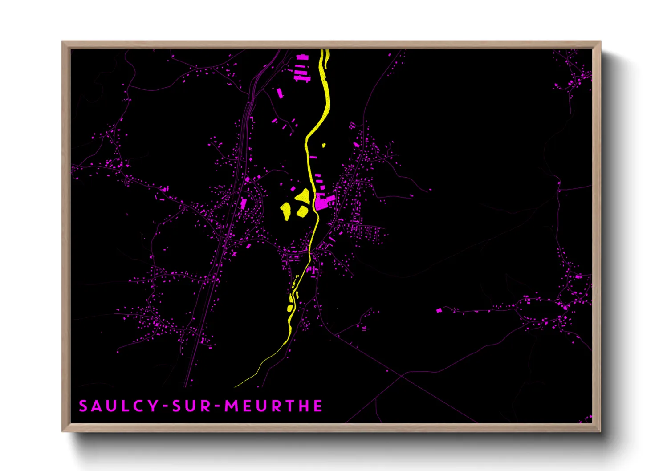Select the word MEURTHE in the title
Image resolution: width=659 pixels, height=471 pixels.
273,406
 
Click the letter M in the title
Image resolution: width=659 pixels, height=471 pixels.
232,406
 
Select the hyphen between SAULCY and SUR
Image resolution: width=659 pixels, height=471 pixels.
165,406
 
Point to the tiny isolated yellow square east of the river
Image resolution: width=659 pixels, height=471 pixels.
324,145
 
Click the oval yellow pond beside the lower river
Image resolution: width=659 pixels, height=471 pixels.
290,308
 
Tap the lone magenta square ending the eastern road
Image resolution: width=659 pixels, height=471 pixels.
439,310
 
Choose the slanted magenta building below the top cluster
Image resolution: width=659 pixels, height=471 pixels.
280,93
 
